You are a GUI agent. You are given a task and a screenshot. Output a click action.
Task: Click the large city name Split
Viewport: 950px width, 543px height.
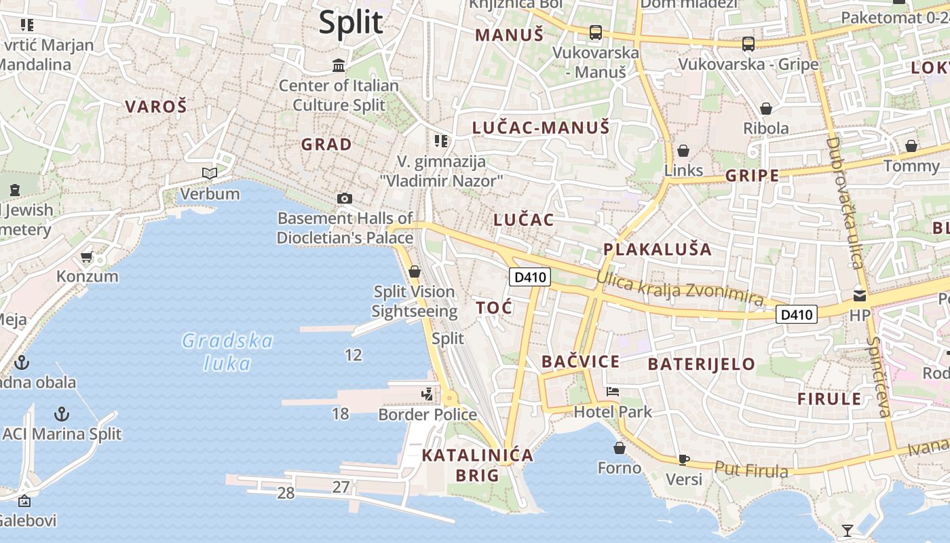[x=351, y=22]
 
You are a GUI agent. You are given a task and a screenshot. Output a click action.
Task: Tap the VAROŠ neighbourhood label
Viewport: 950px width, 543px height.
[x=155, y=107]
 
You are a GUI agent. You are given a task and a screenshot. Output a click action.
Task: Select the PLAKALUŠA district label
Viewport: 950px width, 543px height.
[x=658, y=249]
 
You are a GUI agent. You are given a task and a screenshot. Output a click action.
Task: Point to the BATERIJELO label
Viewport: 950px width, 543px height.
[x=701, y=364]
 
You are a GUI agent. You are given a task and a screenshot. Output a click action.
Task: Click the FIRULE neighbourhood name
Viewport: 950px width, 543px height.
[x=829, y=398]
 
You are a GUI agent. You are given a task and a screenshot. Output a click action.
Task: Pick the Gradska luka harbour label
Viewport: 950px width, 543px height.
[x=227, y=352]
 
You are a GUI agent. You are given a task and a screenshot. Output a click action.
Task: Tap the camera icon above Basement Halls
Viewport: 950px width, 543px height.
[x=345, y=198]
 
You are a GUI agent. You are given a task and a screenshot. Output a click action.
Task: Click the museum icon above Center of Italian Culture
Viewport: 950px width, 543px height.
[x=339, y=66]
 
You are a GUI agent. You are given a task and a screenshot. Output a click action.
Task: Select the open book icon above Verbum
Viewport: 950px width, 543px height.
[x=210, y=174]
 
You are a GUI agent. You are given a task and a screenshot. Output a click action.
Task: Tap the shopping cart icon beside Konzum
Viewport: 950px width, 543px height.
[x=86, y=257]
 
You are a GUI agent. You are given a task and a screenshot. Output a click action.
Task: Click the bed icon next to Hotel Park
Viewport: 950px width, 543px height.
[x=613, y=392]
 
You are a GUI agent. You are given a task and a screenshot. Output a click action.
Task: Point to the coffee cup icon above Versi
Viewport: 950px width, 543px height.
[x=684, y=460]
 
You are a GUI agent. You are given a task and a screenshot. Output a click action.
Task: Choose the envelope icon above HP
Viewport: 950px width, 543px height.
[x=860, y=295]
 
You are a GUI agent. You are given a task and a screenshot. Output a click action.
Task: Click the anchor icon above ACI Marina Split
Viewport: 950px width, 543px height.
[x=62, y=413]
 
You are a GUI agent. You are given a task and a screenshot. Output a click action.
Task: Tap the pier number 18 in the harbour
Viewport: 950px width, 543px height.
[x=340, y=413]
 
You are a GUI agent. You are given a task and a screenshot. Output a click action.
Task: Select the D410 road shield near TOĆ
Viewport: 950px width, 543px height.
[x=529, y=277]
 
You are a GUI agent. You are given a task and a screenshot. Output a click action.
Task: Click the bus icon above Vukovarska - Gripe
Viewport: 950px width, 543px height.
[x=748, y=44]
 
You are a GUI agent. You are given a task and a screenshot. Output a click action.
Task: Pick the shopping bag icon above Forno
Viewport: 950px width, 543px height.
[x=619, y=448]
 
